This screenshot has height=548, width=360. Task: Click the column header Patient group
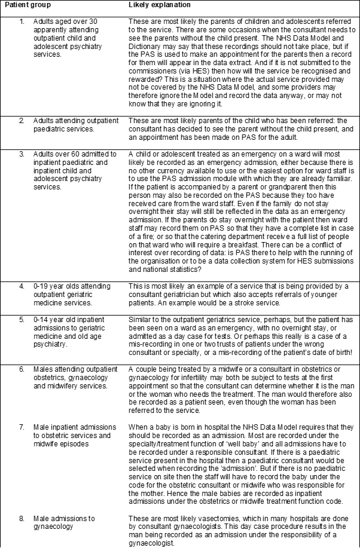[x=28, y=5]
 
